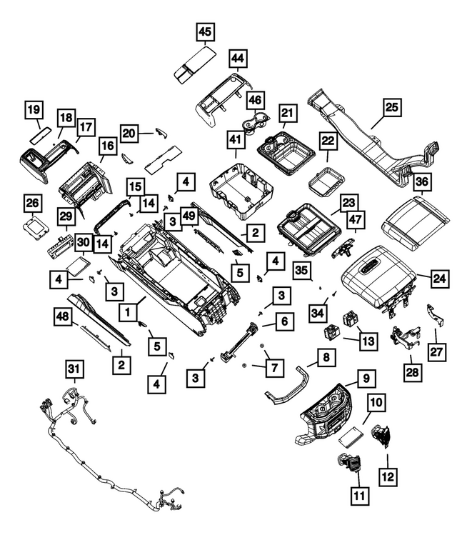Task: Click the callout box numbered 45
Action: [x=205, y=32]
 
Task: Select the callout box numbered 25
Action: [x=391, y=107]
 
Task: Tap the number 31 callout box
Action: [x=74, y=369]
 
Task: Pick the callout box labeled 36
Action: [x=422, y=182]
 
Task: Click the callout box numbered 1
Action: [x=128, y=312]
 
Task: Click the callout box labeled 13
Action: [x=368, y=341]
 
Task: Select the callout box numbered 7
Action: [x=275, y=368]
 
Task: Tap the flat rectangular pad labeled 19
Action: [x=39, y=135]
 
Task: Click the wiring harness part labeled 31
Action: [x=110, y=449]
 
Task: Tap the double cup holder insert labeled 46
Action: [x=255, y=122]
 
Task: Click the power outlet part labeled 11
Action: [x=348, y=463]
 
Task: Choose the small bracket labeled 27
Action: [x=436, y=314]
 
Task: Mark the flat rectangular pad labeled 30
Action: [x=79, y=266]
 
